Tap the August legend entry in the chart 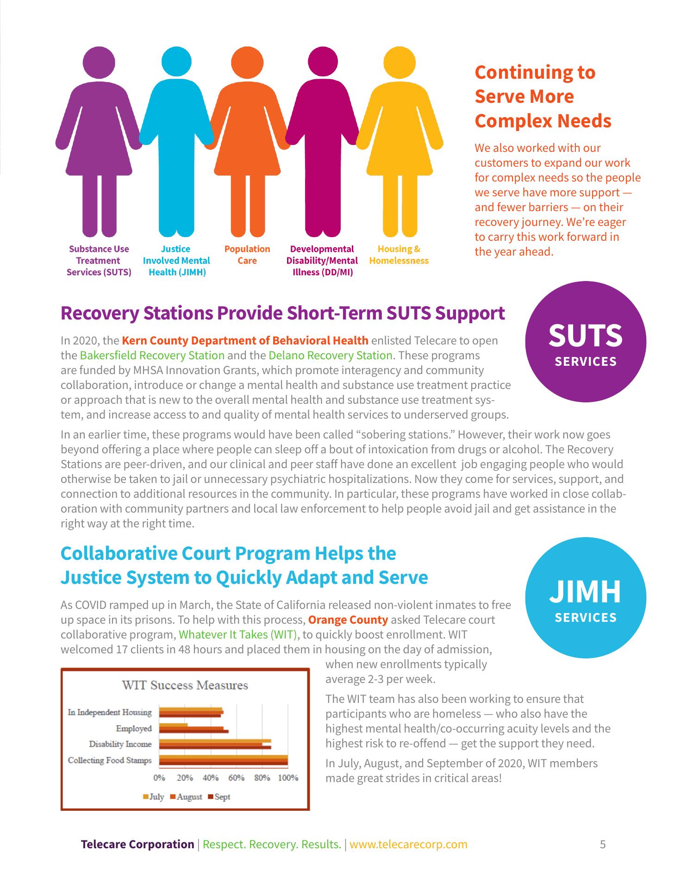[186, 797]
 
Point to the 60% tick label [236, 777]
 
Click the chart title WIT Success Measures [185, 685]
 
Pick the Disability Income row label [120, 744]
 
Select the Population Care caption [247, 255]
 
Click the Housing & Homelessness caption [399, 255]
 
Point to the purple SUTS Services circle [586, 342]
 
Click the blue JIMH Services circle [586, 598]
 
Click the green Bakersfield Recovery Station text [152, 356]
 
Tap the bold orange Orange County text [348, 620]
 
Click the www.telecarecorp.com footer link [408, 844]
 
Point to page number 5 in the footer [603, 844]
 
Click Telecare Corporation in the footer [137, 844]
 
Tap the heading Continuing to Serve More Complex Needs [543, 96]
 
